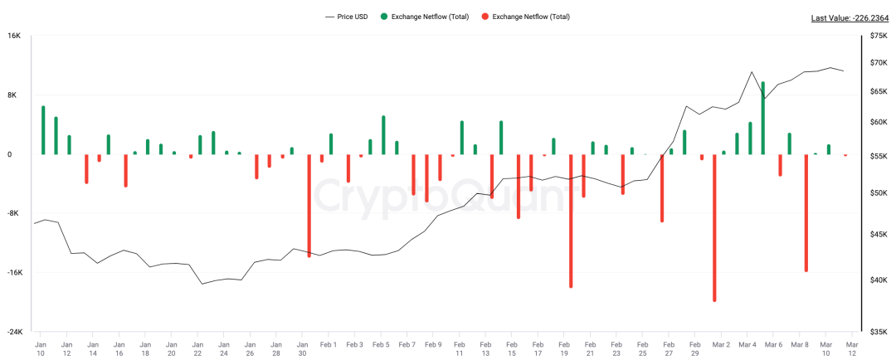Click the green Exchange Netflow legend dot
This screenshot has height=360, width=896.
point(383,17)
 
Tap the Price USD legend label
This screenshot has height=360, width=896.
point(353,17)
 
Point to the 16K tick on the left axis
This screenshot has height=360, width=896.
point(14,36)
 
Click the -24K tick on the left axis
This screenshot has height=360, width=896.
point(14,332)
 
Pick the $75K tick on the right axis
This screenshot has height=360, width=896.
point(879,36)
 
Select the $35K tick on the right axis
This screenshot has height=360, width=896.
point(879,332)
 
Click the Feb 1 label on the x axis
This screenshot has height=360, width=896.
point(328,343)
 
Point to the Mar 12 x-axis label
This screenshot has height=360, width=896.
point(852,348)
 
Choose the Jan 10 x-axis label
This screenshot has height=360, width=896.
point(40,348)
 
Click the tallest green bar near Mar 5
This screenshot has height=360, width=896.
point(762,118)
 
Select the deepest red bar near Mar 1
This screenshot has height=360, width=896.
point(714,227)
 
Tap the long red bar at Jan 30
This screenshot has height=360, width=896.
point(309,205)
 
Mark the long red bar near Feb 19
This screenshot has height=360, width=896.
point(571,221)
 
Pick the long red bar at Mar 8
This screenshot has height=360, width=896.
point(806,212)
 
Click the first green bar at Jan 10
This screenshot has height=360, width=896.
point(43,130)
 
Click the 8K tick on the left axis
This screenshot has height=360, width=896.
point(14,95)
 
